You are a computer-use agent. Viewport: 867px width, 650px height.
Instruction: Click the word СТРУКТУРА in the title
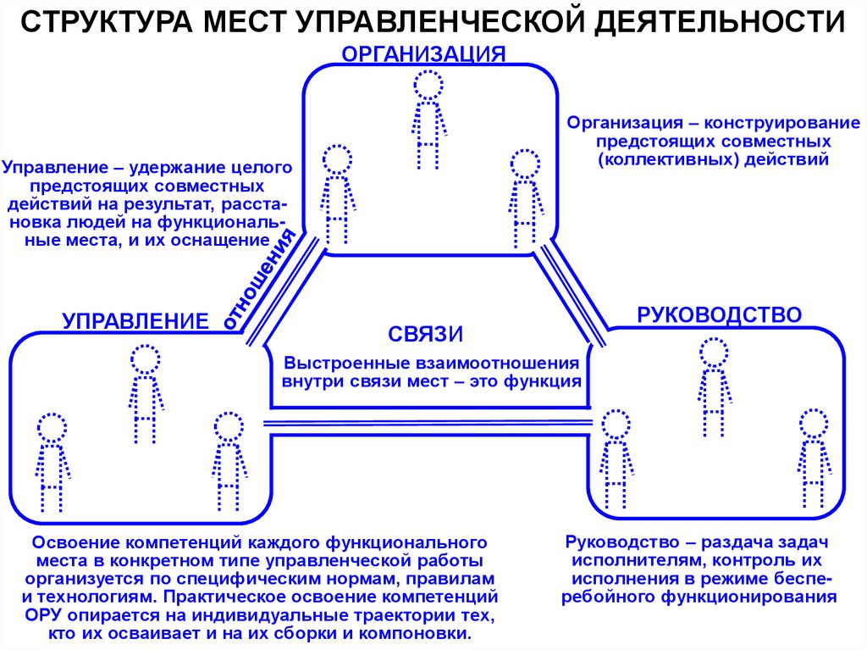107,23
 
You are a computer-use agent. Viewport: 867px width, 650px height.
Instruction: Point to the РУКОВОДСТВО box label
719,315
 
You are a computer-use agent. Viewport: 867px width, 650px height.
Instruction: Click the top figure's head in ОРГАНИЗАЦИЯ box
428,83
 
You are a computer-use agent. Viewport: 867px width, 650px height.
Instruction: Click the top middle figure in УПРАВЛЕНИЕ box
146,393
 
